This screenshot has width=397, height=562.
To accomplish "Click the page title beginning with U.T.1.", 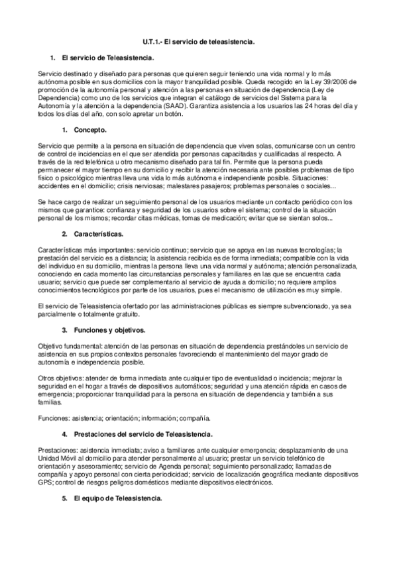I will click(x=199, y=42).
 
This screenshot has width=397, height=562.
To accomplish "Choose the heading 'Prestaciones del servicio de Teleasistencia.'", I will click(x=143, y=433).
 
